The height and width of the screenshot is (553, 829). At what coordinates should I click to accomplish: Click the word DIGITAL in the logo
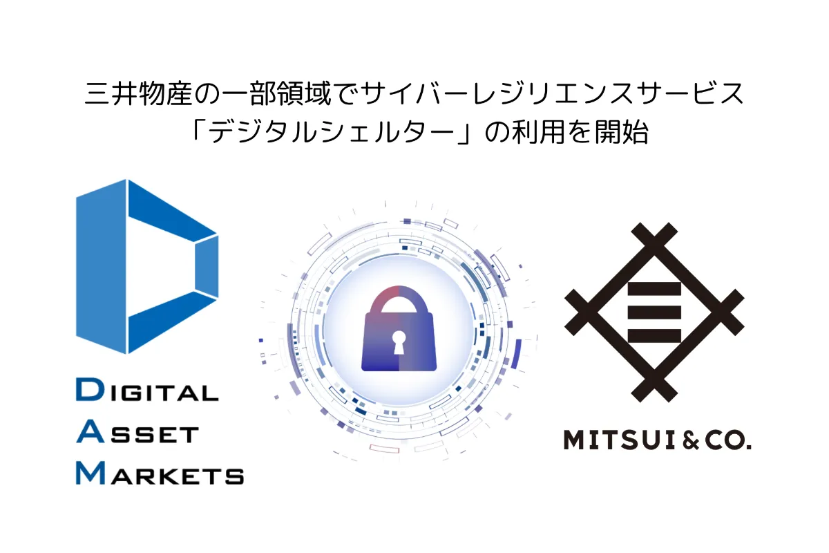point(146,392)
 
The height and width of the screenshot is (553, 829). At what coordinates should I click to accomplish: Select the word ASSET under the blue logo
point(137,433)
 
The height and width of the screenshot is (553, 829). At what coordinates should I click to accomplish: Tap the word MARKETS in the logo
point(160,474)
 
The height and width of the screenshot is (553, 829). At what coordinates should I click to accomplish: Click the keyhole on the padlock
point(399,342)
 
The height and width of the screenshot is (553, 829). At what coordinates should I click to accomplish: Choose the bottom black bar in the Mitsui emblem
point(654,336)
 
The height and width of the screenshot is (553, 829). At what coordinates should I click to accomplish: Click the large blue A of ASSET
point(89,433)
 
